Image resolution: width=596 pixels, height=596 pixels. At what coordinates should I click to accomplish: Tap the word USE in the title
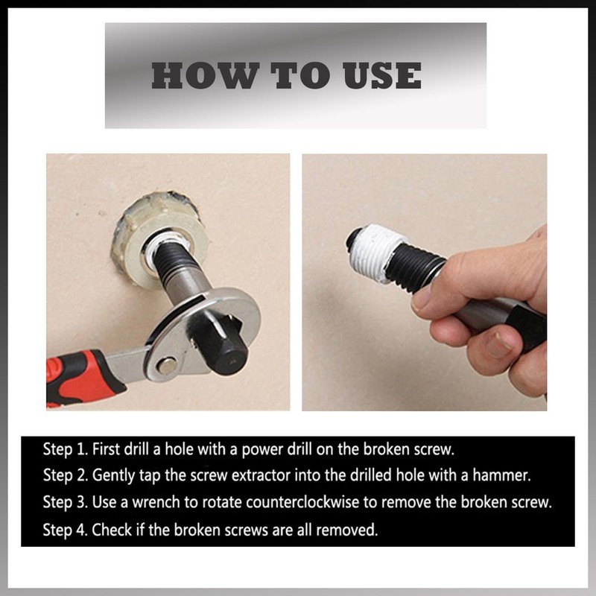click(382, 76)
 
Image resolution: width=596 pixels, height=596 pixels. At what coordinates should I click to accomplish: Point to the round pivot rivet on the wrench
click(167, 365)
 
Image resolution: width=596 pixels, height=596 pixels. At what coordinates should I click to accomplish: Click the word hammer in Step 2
click(501, 475)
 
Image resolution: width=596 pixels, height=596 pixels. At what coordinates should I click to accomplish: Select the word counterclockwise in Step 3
click(302, 502)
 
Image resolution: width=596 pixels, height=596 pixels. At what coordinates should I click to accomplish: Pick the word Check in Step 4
click(112, 530)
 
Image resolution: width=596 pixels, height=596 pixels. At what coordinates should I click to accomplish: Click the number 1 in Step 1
click(80, 449)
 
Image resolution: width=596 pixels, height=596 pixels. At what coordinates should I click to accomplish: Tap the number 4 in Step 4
click(82, 530)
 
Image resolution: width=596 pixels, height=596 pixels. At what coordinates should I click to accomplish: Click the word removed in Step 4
click(347, 530)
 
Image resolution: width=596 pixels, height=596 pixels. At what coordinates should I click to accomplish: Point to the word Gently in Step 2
click(113, 476)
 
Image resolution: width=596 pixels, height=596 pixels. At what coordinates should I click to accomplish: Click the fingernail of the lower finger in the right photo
click(497, 344)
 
